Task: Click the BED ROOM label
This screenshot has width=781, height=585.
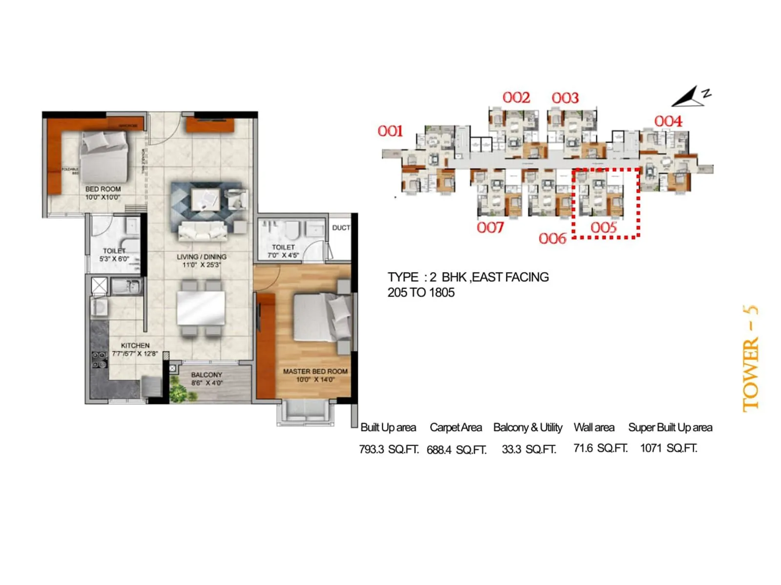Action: pyautogui.click(x=103, y=189)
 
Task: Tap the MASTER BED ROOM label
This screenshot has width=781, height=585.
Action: pyautogui.click(x=315, y=371)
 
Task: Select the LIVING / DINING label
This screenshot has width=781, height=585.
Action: pyautogui.click(x=202, y=257)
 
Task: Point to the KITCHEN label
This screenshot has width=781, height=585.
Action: pyautogui.click(x=135, y=346)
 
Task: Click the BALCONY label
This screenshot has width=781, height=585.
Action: pyautogui.click(x=206, y=375)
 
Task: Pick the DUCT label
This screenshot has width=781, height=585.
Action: pyautogui.click(x=341, y=228)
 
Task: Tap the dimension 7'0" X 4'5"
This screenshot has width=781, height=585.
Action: pyautogui.click(x=283, y=255)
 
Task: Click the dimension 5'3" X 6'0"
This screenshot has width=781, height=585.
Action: pyautogui.click(x=114, y=259)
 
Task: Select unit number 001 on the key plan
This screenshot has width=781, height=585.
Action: pyautogui.click(x=390, y=131)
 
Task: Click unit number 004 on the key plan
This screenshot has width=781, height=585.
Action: pyautogui.click(x=668, y=121)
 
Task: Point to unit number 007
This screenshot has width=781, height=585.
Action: pyautogui.click(x=490, y=228)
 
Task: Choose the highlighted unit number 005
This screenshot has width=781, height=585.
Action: pyautogui.click(x=604, y=228)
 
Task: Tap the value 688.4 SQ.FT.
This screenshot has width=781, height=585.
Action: pyautogui.click(x=456, y=449)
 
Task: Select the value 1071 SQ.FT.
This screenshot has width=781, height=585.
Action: pyautogui.click(x=669, y=448)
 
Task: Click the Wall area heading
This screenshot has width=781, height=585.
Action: pyautogui.click(x=594, y=428)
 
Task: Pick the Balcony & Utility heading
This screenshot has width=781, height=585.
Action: pyautogui.click(x=528, y=428)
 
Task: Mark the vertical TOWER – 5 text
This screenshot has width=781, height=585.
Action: pyautogui.click(x=750, y=358)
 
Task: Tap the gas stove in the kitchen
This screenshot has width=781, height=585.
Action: pyautogui.click(x=100, y=359)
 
